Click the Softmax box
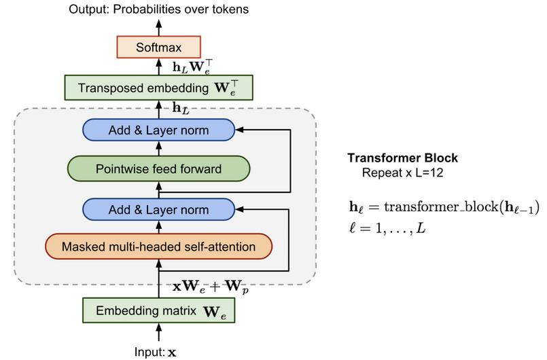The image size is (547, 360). point(159,47)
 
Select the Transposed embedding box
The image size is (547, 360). point(159,88)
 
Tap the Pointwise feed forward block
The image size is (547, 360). point(159,169)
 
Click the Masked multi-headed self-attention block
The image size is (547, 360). point(159,247)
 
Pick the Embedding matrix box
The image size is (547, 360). point(159,310)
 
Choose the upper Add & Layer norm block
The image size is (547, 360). point(159,130)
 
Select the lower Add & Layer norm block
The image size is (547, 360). point(159,210)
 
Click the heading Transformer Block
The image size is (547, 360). point(402,158)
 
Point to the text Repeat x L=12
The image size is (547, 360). point(402,173)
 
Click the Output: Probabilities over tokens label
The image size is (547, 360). point(159,9)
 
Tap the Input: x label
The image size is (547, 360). point(156,352)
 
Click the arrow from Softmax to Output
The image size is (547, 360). point(159,28)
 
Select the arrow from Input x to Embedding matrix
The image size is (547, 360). point(159,332)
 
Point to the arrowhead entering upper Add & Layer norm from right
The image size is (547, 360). point(239,130)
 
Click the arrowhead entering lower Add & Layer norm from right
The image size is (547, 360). point(239,210)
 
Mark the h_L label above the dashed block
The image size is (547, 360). point(181,109)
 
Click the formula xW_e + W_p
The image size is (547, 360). point(211,287)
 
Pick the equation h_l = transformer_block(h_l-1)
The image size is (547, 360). point(444,207)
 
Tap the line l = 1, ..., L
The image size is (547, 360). point(387,228)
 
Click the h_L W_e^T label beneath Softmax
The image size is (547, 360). point(192,67)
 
